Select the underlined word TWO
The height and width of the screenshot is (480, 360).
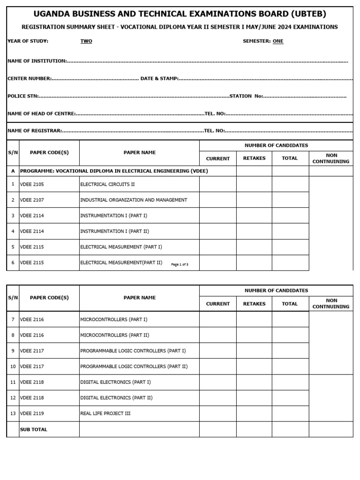[86, 41]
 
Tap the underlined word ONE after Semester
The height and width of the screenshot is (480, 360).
[278, 41]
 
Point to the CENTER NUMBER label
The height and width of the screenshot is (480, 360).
[30, 78]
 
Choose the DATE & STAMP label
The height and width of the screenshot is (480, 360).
[159, 78]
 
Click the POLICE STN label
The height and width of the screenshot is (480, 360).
[23, 96]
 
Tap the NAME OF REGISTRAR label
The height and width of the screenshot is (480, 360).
[35, 131]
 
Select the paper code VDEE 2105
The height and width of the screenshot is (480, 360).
[32, 184]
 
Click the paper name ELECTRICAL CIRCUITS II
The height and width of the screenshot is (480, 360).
[107, 184]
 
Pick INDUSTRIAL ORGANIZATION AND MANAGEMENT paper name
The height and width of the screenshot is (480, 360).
[134, 200]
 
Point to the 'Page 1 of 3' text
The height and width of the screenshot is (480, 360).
[180, 264]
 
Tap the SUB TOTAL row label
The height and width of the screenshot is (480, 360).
[33, 429]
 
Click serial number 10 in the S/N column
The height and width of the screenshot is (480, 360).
[13, 367]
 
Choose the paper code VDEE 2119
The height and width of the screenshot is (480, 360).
[32, 413]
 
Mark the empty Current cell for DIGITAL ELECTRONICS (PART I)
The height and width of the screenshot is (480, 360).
[218, 382]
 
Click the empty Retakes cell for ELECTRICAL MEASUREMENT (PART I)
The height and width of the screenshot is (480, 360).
[254, 247]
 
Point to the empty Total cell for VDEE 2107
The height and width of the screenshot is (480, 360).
[290, 200]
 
